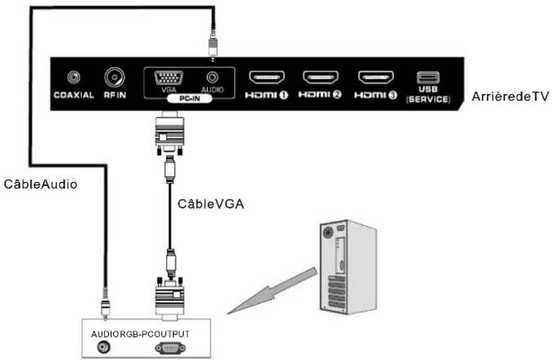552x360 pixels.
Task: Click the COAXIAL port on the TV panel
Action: coord(75,78)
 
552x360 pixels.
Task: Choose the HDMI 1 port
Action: coord(267,78)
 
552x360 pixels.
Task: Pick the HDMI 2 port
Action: coord(320,78)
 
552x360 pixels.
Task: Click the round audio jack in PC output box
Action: coord(97,347)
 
